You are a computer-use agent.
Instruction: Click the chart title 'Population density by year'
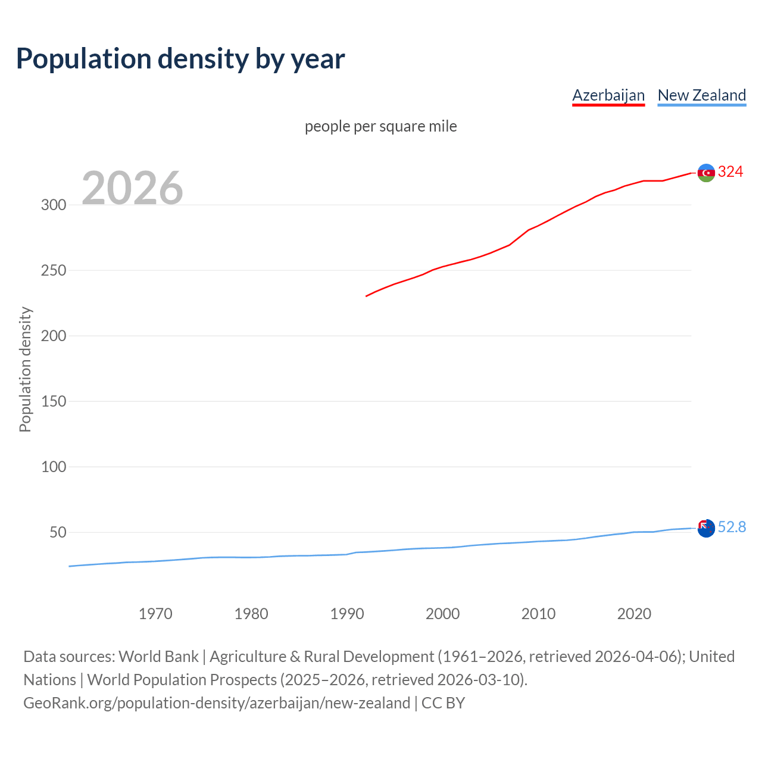(x=180, y=59)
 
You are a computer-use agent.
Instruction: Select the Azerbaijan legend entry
(x=608, y=95)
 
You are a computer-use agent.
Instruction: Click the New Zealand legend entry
(x=701, y=95)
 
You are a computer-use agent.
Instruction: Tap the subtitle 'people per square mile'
(x=381, y=127)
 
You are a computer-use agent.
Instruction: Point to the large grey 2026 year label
(x=132, y=188)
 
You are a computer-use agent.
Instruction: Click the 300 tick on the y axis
(x=54, y=205)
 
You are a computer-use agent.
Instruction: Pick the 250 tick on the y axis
(x=54, y=270)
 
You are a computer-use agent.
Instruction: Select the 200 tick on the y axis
(x=54, y=336)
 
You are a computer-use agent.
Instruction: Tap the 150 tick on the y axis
(x=54, y=401)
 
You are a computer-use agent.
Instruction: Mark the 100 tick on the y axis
(x=54, y=467)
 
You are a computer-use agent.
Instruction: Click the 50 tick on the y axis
(x=58, y=532)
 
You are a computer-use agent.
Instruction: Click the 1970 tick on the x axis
(x=155, y=614)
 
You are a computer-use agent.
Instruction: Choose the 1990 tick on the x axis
(x=347, y=614)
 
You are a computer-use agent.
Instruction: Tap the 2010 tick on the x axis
(x=538, y=614)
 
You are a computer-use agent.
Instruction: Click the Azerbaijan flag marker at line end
(x=706, y=173)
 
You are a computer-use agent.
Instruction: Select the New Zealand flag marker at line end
(x=706, y=528)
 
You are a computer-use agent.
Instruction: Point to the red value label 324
(x=730, y=172)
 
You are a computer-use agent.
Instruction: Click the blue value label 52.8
(x=732, y=527)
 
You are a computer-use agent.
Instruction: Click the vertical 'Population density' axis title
(x=25, y=369)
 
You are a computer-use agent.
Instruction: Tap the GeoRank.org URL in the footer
(x=217, y=703)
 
